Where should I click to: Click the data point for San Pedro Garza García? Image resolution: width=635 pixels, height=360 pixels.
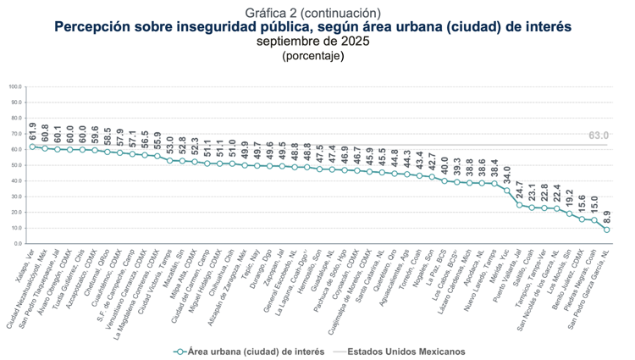click(607, 230)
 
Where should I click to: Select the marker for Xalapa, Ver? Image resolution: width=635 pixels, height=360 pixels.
click(32, 147)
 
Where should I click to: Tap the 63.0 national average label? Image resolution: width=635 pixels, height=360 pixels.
click(599, 136)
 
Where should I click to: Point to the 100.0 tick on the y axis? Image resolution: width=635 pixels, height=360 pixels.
click(15, 86)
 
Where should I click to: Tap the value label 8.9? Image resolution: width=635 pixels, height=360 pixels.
click(607, 216)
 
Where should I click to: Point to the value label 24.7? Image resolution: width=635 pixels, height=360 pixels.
click(519, 190)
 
